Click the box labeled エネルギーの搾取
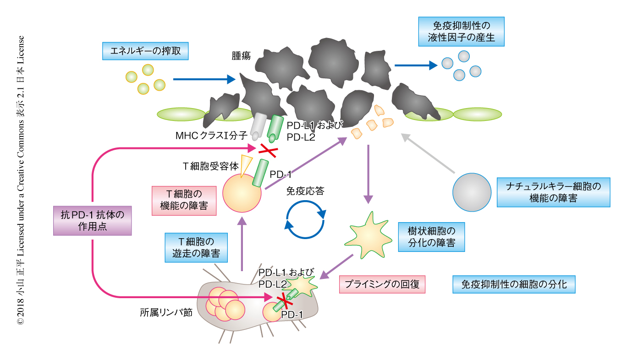145,51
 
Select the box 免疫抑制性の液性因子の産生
462,32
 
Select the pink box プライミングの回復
382,284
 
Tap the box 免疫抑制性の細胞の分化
513,284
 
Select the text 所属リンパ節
165,313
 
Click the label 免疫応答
305,191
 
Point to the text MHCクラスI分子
211,136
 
